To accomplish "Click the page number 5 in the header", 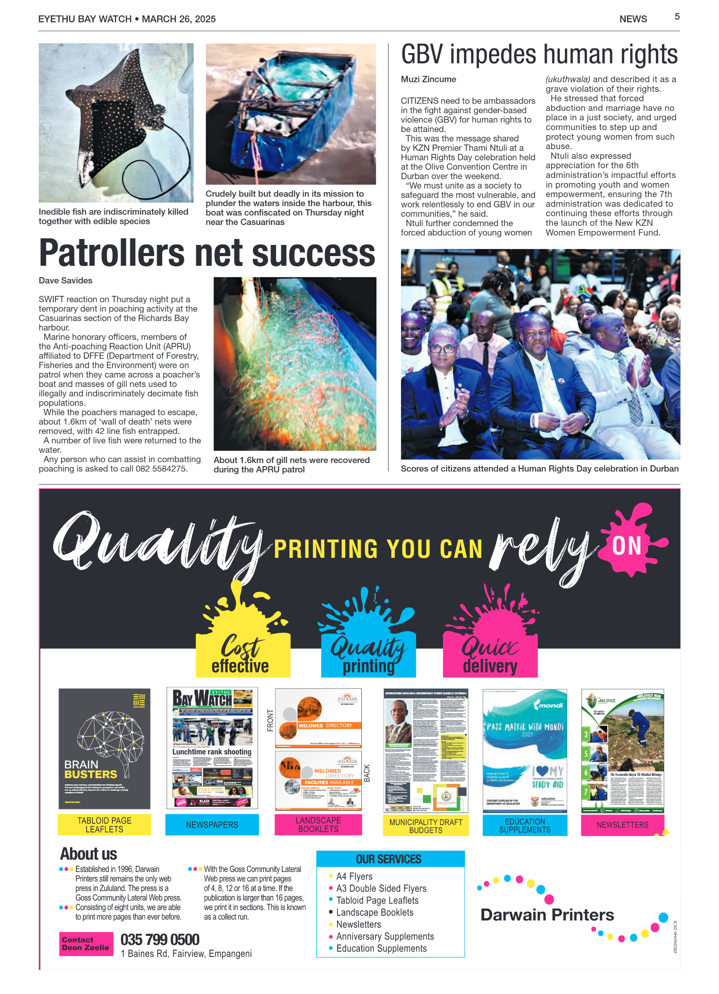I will click(677, 17).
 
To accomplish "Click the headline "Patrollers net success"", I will click(207, 253).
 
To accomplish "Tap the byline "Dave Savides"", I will click(66, 280).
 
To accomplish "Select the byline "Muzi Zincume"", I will click(428, 79).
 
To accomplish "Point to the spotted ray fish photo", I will click(116, 122).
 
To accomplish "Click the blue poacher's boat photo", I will click(290, 114).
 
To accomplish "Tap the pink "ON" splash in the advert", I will click(627, 545).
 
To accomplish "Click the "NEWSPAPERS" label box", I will click(212, 825).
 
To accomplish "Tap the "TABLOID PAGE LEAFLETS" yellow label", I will click(104, 825).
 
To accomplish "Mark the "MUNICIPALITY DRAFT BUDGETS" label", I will click(426, 826).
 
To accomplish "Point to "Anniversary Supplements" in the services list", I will click(385, 936).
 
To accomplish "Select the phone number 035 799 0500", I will click(160, 939).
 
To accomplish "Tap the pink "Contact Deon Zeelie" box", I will click(86, 943).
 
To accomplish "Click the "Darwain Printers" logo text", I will click(547, 914).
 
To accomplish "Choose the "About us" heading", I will click(88, 854).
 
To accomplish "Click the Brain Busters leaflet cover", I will click(104, 748).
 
